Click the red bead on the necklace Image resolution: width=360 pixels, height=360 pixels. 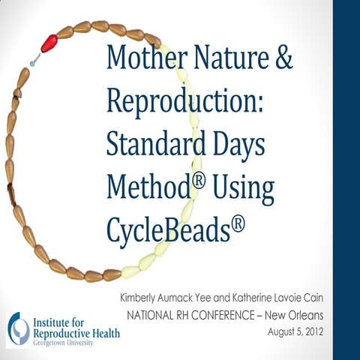[x=49, y=43]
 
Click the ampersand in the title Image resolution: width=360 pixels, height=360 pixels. [x=283, y=58]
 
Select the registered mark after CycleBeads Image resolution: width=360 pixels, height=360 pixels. [x=237, y=217]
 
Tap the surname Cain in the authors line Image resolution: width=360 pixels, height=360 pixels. [x=311, y=297]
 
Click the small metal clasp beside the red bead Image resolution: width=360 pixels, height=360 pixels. [x=33, y=56]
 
